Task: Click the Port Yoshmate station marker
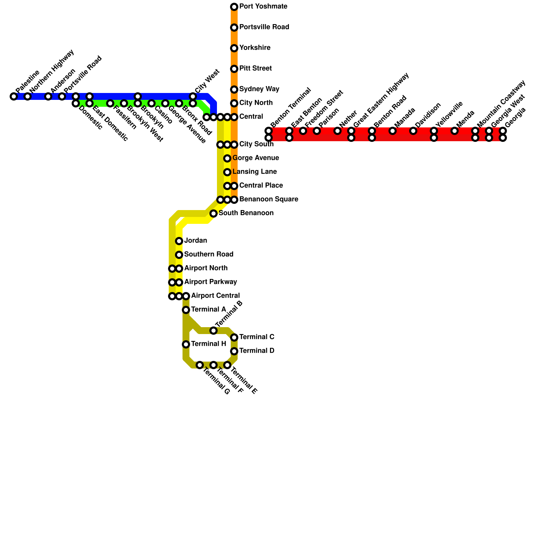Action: pyautogui.click(x=234, y=7)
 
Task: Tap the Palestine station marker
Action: pyautogui.click(x=14, y=96)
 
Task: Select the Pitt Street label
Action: pyautogui.click(x=255, y=69)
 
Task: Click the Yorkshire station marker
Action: pyautogui.click(x=234, y=48)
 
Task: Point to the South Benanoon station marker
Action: pyautogui.click(x=214, y=214)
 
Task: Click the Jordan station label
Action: pyautogui.click(x=195, y=240)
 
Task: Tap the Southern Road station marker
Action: pyautogui.click(x=179, y=255)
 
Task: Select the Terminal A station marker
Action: pyautogui.click(x=186, y=310)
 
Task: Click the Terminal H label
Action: pyautogui.click(x=208, y=344)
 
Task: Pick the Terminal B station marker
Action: pyautogui.click(x=214, y=331)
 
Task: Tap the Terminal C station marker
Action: pyautogui.click(x=234, y=337)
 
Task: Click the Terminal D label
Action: pyautogui.click(x=257, y=351)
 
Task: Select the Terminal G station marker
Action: pyautogui.click(x=200, y=365)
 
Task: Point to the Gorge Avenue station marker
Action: pyautogui.click(x=227, y=158)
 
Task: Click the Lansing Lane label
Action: pyautogui.click(x=254, y=171)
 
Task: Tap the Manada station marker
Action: pyautogui.click(x=393, y=131)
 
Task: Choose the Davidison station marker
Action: pyautogui.click(x=413, y=131)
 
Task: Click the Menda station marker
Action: pyautogui.click(x=455, y=131)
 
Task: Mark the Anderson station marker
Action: pyautogui.click(x=48, y=96)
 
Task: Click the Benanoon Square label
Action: pyautogui.click(x=269, y=199)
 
